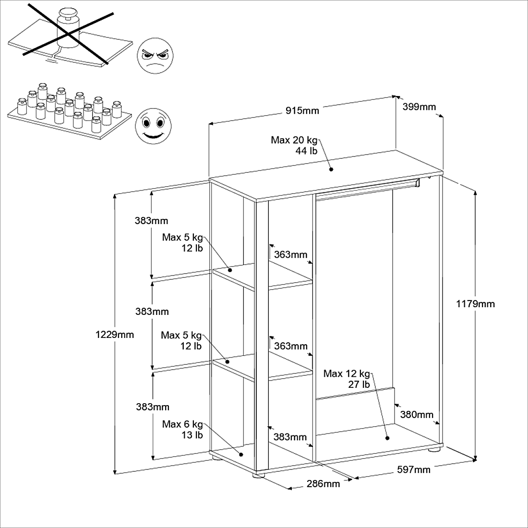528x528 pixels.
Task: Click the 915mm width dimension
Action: tap(302, 111)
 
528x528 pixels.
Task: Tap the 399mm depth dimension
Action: tap(419, 107)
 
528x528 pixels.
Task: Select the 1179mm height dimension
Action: tap(475, 304)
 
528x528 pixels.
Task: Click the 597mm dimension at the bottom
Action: tap(414, 469)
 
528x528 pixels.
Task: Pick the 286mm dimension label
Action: tap(323, 483)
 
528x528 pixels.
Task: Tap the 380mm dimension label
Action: tap(417, 415)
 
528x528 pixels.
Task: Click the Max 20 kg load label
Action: tap(294, 140)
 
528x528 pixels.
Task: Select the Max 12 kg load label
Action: tap(347, 373)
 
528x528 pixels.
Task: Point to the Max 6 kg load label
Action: tap(182, 424)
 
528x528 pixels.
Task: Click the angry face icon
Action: tap(155, 56)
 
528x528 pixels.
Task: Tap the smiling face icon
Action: tap(153, 126)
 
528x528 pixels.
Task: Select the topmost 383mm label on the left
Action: tap(151, 221)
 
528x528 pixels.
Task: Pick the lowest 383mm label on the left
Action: tap(153, 407)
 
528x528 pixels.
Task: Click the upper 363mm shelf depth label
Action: tap(290, 255)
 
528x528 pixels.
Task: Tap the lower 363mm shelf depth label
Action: tap(290, 346)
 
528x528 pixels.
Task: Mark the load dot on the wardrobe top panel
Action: tap(331, 169)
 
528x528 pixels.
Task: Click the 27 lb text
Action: tap(359, 384)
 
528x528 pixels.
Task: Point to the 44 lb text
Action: tap(306, 151)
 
